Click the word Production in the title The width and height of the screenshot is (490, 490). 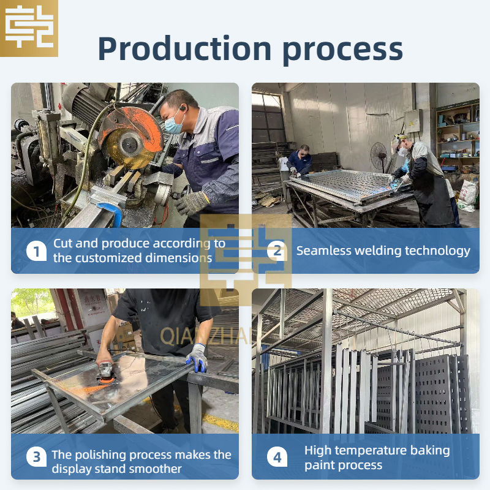184,48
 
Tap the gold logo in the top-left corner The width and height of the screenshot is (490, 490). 29,28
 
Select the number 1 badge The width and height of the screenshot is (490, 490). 36,251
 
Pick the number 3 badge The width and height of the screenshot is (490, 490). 36,457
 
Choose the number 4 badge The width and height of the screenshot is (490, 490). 277,457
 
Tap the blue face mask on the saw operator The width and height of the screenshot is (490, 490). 173,124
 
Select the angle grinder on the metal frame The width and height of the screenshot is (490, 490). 107,372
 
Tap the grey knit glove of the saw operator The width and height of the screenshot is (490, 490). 191,202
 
